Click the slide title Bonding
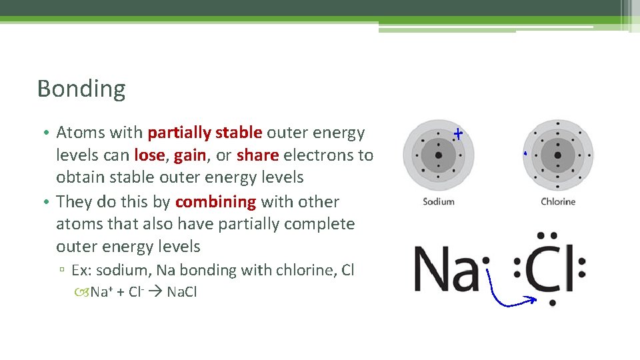[x=81, y=89]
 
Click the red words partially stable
[x=205, y=133]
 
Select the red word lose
[x=150, y=155]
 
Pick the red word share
[x=258, y=155]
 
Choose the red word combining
[x=215, y=202]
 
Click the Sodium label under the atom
[x=439, y=201]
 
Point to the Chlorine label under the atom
[x=558, y=201]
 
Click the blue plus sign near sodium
[x=458, y=134]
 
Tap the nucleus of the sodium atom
[x=439, y=156]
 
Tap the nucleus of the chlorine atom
[x=558, y=156]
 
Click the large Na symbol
[x=445, y=268]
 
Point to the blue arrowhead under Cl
[x=531, y=301]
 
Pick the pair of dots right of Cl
[x=582, y=268]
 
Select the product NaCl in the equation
[x=182, y=292]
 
